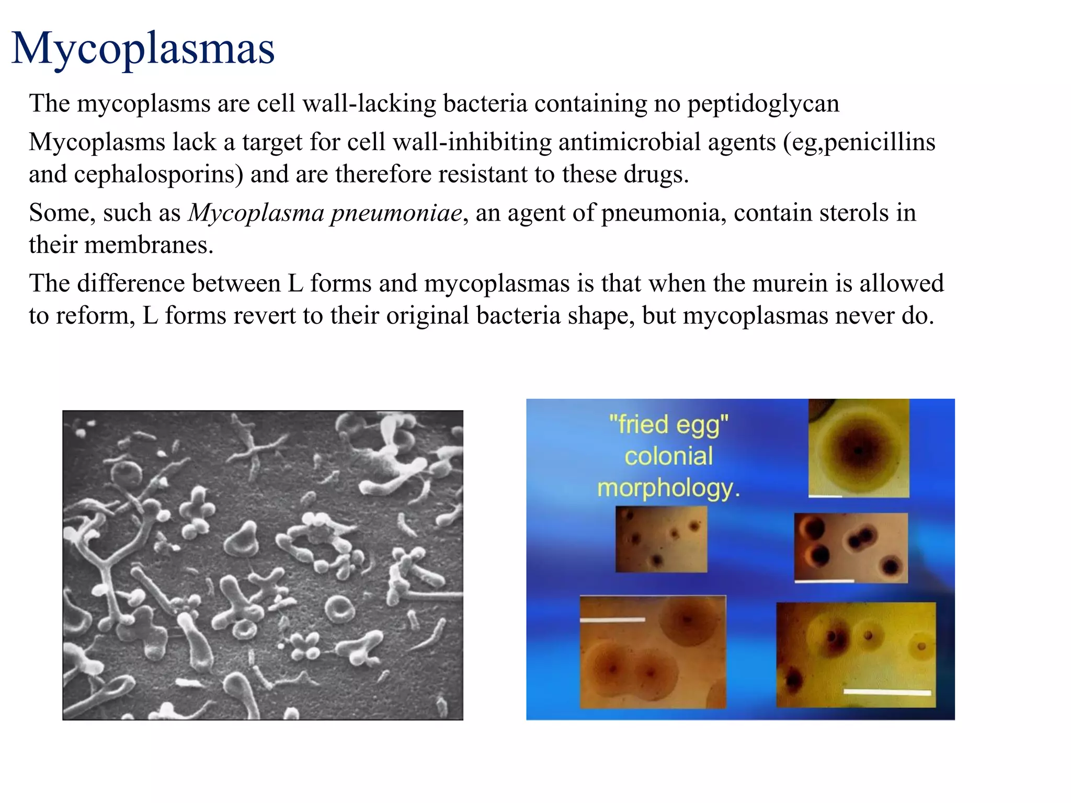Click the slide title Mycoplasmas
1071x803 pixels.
pyautogui.click(x=143, y=48)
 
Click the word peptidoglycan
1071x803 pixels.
pyautogui.click(x=763, y=104)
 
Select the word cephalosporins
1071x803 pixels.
pyautogui.click(x=158, y=175)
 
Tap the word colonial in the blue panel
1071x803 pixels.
pyautogui.click(x=668, y=456)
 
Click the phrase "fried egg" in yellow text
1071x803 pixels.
pyautogui.click(x=668, y=424)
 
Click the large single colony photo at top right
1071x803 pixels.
pyautogui.click(x=858, y=448)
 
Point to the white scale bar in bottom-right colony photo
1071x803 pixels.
pyautogui.click(x=887, y=692)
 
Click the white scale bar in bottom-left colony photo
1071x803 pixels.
pyautogui.click(x=612, y=620)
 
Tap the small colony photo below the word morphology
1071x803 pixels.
pyautogui.click(x=661, y=539)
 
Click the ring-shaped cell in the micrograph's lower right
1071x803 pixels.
pyautogui.click(x=340, y=609)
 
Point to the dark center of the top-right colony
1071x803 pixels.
pyautogui.click(x=858, y=450)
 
